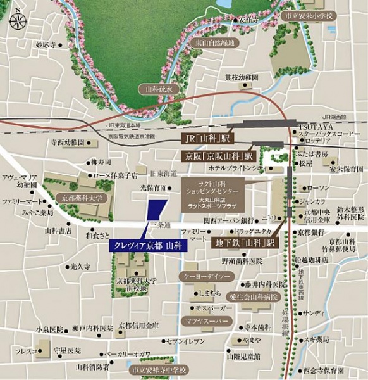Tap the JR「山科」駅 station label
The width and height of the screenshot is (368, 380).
coord(201,138)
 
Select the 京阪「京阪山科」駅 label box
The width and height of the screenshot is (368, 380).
coord(219,155)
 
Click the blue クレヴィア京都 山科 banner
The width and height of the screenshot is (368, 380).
coord(149,246)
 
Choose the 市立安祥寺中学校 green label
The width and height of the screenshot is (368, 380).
coord(156,369)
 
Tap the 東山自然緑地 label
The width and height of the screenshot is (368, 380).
coord(215,43)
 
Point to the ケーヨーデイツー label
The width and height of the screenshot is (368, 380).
coord(207,277)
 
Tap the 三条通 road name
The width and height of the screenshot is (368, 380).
coord(159,225)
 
